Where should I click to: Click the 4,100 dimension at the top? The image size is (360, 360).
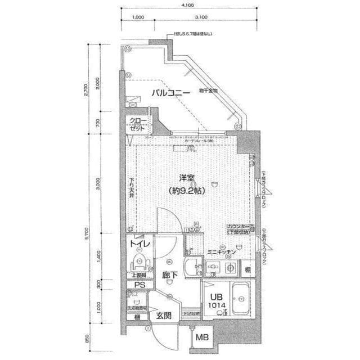pyautogui.click(x=188, y=5)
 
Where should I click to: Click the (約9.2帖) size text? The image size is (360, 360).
pyautogui.click(x=187, y=191)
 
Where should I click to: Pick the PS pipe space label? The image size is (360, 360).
pyautogui.click(x=138, y=285)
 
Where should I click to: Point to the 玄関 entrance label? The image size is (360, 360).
pyautogui.click(x=164, y=315)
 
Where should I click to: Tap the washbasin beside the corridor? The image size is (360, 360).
pyautogui.click(x=192, y=267)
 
